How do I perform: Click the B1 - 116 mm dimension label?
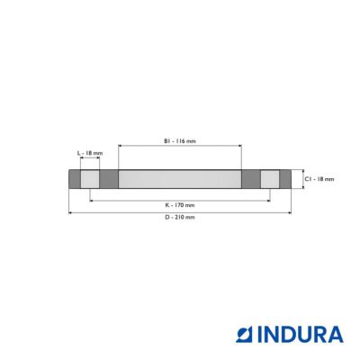tap(180, 141)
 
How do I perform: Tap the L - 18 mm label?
tap(90, 153)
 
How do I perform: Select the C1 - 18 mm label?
tap(319, 179)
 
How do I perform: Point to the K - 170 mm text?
tap(180, 205)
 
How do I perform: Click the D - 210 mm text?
tap(180, 217)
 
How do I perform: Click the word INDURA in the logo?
tap(301, 335)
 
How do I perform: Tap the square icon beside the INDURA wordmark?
tap(245, 335)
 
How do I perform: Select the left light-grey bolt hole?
tap(90, 179)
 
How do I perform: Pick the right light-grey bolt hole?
tap(270, 179)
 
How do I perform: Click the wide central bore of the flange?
tap(180, 179)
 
